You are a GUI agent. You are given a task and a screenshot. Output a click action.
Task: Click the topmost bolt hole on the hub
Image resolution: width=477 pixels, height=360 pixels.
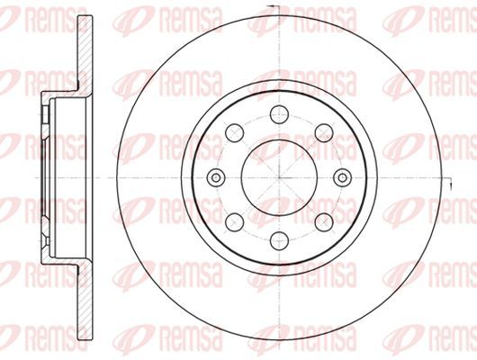(279, 114)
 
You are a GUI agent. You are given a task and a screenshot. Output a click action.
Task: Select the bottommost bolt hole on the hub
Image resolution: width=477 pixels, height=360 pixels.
(279, 240)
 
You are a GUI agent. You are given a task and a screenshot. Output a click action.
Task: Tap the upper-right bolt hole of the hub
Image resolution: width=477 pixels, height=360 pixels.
(324, 133)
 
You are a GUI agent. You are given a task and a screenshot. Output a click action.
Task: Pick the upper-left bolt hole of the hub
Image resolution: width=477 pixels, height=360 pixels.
(235, 133)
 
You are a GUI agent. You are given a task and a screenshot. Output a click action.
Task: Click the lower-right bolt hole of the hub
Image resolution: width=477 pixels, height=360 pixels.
(324, 222)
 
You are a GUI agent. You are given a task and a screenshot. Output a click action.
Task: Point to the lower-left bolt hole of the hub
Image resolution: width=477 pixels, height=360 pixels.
(235, 222)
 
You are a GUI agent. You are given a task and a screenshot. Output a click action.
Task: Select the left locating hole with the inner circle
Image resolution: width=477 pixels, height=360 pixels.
(216, 177)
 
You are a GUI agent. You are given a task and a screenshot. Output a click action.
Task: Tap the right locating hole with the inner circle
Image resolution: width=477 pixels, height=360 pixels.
(343, 177)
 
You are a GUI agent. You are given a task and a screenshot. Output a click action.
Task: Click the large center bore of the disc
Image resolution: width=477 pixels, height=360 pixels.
(279, 177)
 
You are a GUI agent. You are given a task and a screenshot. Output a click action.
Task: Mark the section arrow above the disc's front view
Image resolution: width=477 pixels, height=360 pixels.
(271, 6)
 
